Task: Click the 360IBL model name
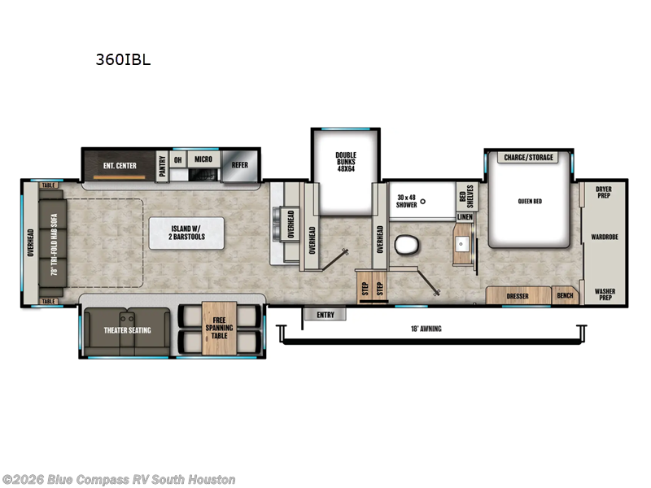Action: click(x=123, y=59)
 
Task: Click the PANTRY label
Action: click(x=163, y=165)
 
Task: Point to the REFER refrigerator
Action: click(x=239, y=164)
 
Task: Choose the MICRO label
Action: click(x=203, y=159)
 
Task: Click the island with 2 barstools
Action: click(x=188, y=232)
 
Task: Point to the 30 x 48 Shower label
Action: click(x=407, y=200)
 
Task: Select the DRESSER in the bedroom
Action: click(x=518, y=296)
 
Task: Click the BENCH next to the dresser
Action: click(x=564, y=296)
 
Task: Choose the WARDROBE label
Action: click(x=605, y=238)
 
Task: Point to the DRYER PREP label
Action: click(x=604, y=192)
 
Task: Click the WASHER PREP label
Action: click(x=604, y=294)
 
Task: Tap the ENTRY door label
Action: click(x=325, y=313)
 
